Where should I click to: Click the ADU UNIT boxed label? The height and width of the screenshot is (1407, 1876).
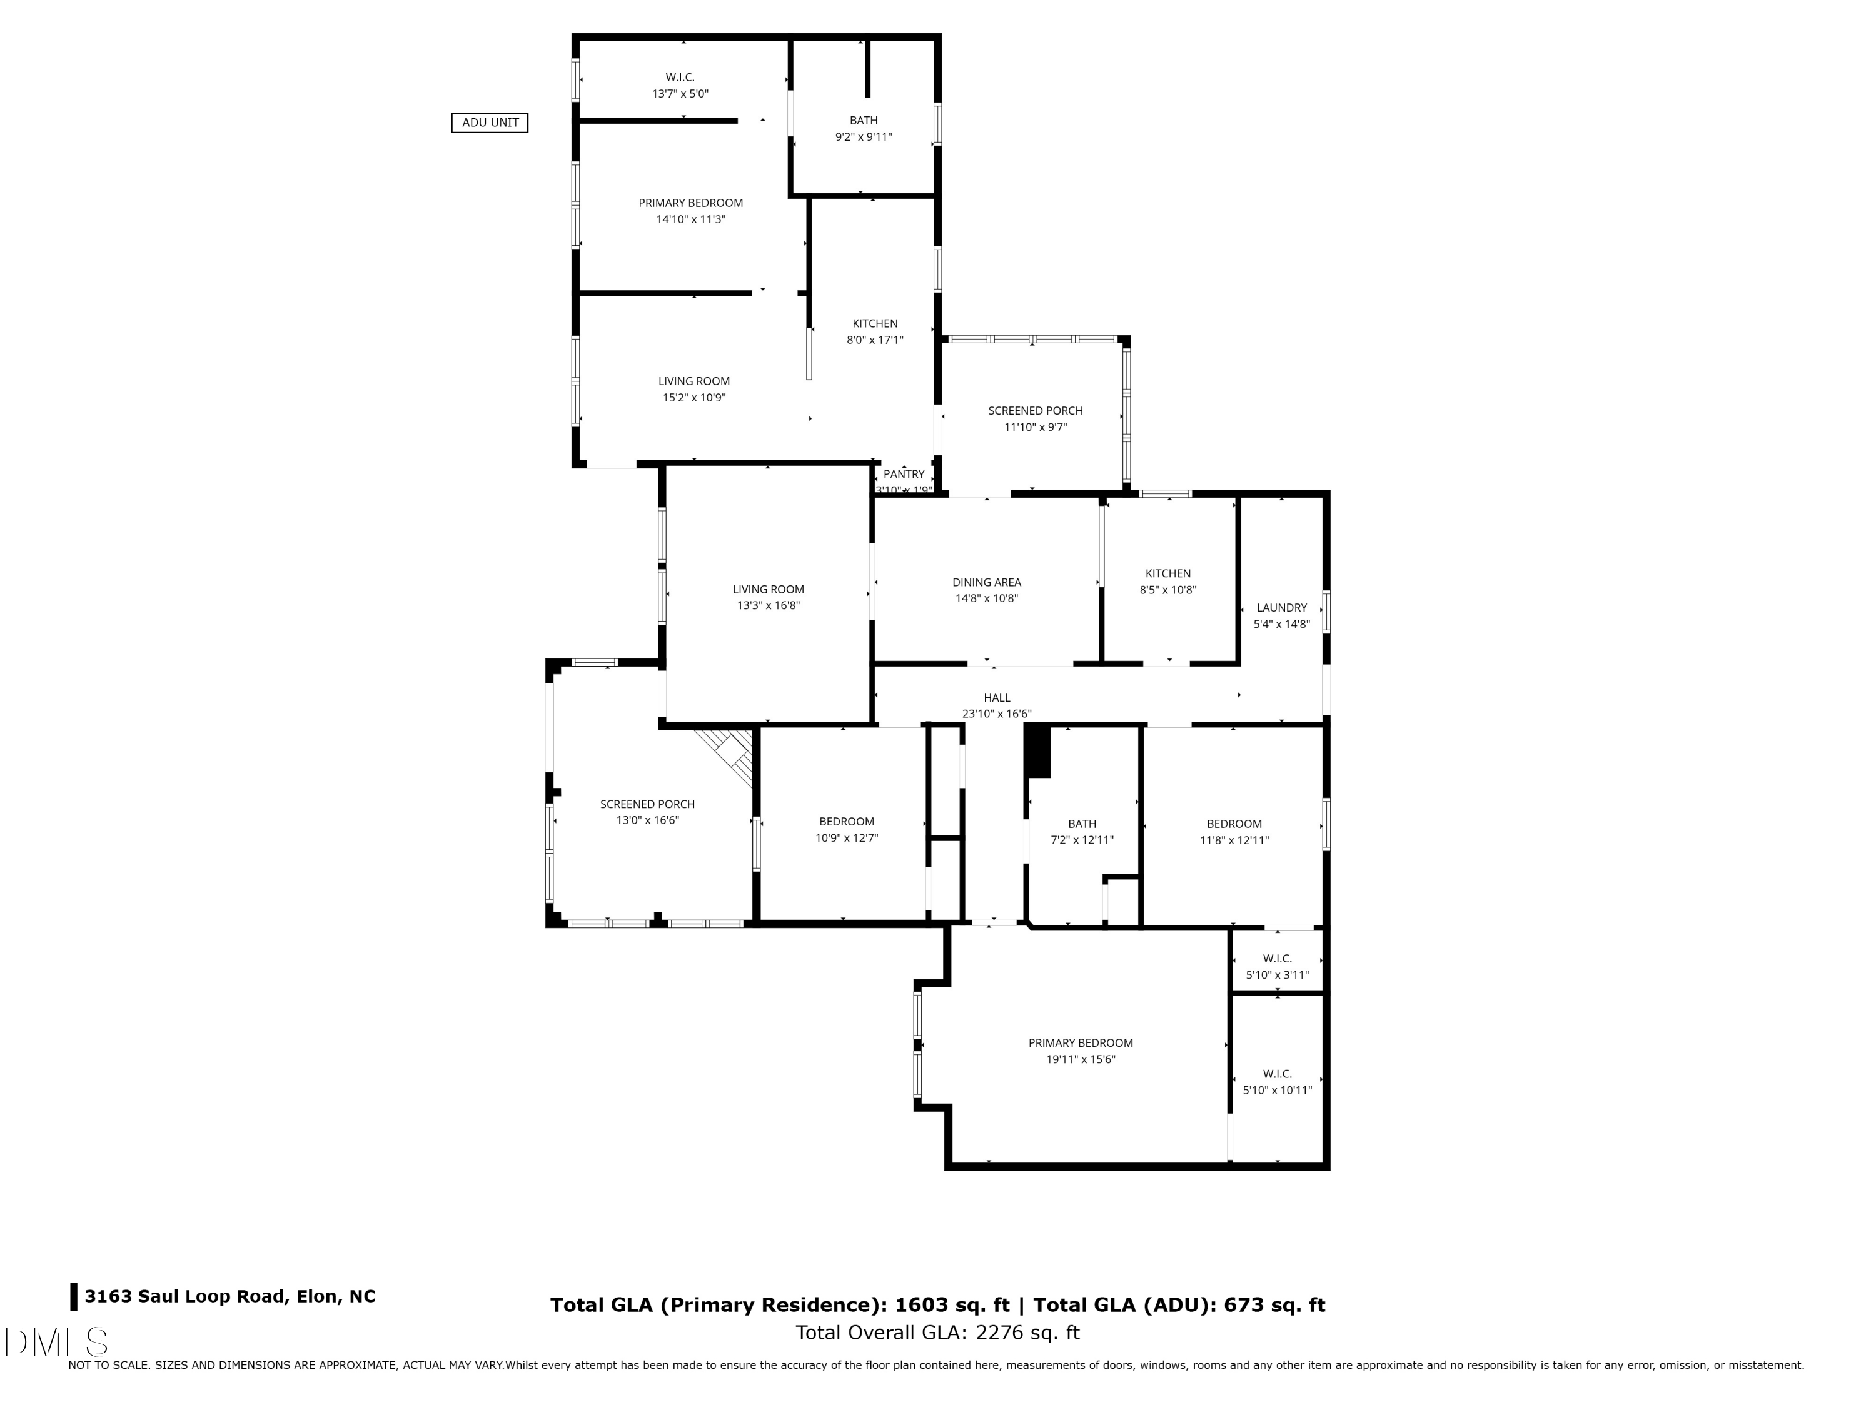(490, 123)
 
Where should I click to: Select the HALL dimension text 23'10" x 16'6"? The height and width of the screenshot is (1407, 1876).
(997, 714)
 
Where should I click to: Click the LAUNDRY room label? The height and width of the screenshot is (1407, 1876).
(1281, 608)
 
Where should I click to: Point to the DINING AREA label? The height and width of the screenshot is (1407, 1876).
(986, 583)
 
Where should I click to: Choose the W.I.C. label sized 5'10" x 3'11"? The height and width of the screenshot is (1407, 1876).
(1276, 959)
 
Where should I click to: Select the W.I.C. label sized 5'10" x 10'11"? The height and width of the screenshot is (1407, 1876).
(1276, 1074)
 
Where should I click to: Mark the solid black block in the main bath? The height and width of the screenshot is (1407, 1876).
(1038, 750)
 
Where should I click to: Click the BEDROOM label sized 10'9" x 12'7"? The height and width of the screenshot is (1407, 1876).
(847, 822)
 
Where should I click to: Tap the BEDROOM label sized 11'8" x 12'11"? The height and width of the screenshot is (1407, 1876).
(1234, 824)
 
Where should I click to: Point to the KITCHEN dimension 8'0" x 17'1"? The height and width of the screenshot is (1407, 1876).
(874, 340)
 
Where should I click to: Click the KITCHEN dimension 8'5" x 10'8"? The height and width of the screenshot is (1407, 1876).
(1168, 590)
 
